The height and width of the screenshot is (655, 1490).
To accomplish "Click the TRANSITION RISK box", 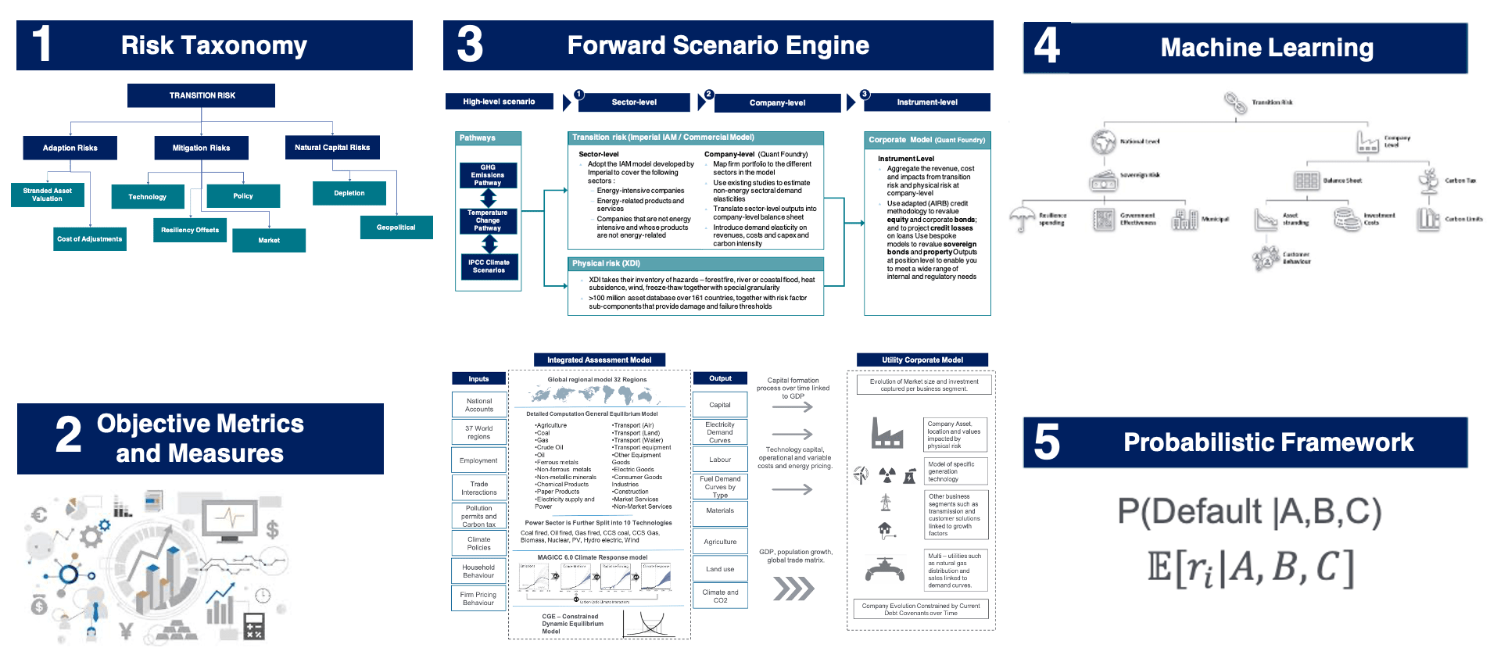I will [202, 95].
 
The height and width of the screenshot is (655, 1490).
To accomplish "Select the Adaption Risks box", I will [70, 148].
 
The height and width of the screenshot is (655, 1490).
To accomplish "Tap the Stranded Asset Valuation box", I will [48, 195].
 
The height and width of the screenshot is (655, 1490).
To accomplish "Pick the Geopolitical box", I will [396, 227].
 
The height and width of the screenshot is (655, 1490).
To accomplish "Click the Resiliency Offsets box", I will [190, 230].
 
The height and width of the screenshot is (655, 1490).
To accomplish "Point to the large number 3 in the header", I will [470, 45].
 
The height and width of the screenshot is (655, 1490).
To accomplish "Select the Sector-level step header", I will [634, 102].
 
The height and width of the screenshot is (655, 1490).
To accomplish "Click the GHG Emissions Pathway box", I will [488, 175].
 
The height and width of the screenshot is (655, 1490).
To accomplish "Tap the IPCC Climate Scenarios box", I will [489, 267].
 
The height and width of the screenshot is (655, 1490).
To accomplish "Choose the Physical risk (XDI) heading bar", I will [696, 263].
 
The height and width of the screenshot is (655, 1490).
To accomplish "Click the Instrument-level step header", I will [927, 102].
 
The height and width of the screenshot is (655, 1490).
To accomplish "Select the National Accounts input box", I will [479, 405].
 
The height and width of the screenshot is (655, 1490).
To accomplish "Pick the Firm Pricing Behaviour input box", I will [478, 599].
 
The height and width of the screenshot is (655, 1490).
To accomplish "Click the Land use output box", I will [720, 569].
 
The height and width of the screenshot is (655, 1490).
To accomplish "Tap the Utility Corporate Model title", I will [922, 360].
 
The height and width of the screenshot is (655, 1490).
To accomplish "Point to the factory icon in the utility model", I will [887, 433].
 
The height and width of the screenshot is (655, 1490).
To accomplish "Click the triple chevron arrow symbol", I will [793, 589].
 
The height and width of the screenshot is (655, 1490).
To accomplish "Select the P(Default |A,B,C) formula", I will [1249, 512].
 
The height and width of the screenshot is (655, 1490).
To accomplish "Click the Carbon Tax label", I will [1460, 181].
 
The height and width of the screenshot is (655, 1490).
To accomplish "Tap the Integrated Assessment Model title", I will [599, 360].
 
